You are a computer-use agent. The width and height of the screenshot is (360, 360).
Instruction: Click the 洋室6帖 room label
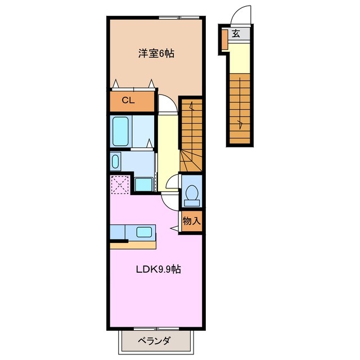(156, 53)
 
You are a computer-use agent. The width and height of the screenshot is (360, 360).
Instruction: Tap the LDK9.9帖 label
(159, 269)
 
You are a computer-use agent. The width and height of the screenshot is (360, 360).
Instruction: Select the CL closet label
(128, 100)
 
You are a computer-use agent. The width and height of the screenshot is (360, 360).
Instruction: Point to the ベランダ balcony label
(154, 341)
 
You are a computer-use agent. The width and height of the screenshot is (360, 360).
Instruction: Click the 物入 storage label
(191, 221)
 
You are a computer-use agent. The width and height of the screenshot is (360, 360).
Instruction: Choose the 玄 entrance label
(236, 34)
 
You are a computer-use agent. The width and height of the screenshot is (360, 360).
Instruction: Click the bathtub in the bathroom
(120, 131)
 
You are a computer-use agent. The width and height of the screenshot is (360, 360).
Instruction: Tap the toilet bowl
(192, 193)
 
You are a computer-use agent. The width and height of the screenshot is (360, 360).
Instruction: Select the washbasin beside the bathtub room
(115, 161)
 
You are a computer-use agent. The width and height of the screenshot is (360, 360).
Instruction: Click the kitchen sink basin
(144, 232)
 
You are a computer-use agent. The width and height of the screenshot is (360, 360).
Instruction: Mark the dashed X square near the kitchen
(120, 185)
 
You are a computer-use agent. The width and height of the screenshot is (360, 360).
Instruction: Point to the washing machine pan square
(144, 184)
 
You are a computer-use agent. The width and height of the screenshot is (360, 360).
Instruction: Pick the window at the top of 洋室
(179, 17)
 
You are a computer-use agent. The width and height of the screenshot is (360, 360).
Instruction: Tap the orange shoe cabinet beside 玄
(224, 39)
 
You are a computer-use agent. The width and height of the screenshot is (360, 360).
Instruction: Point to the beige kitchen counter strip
(133, 245)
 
